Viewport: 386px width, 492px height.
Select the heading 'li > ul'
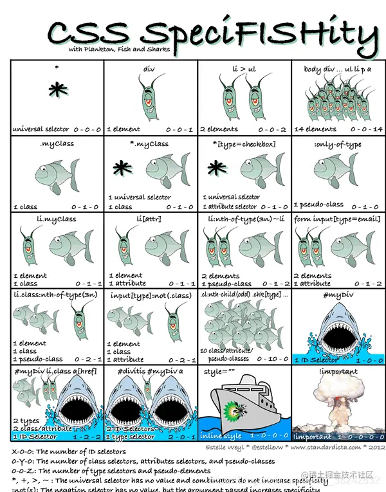(x=244, y=66)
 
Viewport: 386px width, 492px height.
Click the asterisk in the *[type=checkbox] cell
(x=217, y=169)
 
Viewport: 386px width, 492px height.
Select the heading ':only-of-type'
(x=338, y=144)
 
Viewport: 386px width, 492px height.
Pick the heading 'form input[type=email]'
(x=338, y=219)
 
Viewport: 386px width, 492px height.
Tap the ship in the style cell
(x=244, y=405)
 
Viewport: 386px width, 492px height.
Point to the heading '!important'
(x=338, y=371)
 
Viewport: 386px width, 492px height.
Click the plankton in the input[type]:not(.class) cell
(x=174, y=316)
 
